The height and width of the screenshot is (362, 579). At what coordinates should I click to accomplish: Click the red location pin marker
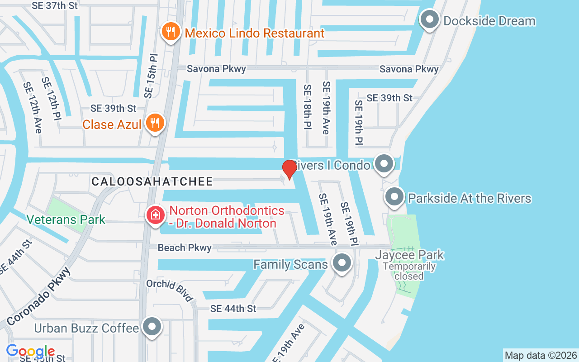[289, 169]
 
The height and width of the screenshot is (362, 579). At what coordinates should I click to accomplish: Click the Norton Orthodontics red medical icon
[155, 214]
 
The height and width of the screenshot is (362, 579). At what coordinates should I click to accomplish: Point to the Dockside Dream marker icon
[429, 20]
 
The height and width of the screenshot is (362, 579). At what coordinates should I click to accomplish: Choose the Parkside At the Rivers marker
[394, 197]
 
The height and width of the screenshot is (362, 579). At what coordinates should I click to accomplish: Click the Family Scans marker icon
[342, 263]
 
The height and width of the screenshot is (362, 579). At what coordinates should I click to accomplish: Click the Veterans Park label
[66, 220]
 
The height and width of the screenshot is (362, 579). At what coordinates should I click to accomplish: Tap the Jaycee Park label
[409, 255]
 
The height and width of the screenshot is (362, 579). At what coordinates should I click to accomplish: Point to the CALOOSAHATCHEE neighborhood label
[152, 182]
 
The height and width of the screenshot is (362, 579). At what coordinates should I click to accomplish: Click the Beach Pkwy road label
[185, 248]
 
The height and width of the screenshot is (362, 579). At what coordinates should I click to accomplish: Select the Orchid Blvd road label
[170, 290]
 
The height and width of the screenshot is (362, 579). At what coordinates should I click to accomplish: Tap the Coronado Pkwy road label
[39, 296]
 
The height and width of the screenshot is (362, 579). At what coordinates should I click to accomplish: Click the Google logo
[30, 351]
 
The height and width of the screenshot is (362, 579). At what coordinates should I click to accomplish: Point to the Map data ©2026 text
[541, 355]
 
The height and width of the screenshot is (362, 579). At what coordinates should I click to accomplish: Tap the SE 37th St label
[55, 5]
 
